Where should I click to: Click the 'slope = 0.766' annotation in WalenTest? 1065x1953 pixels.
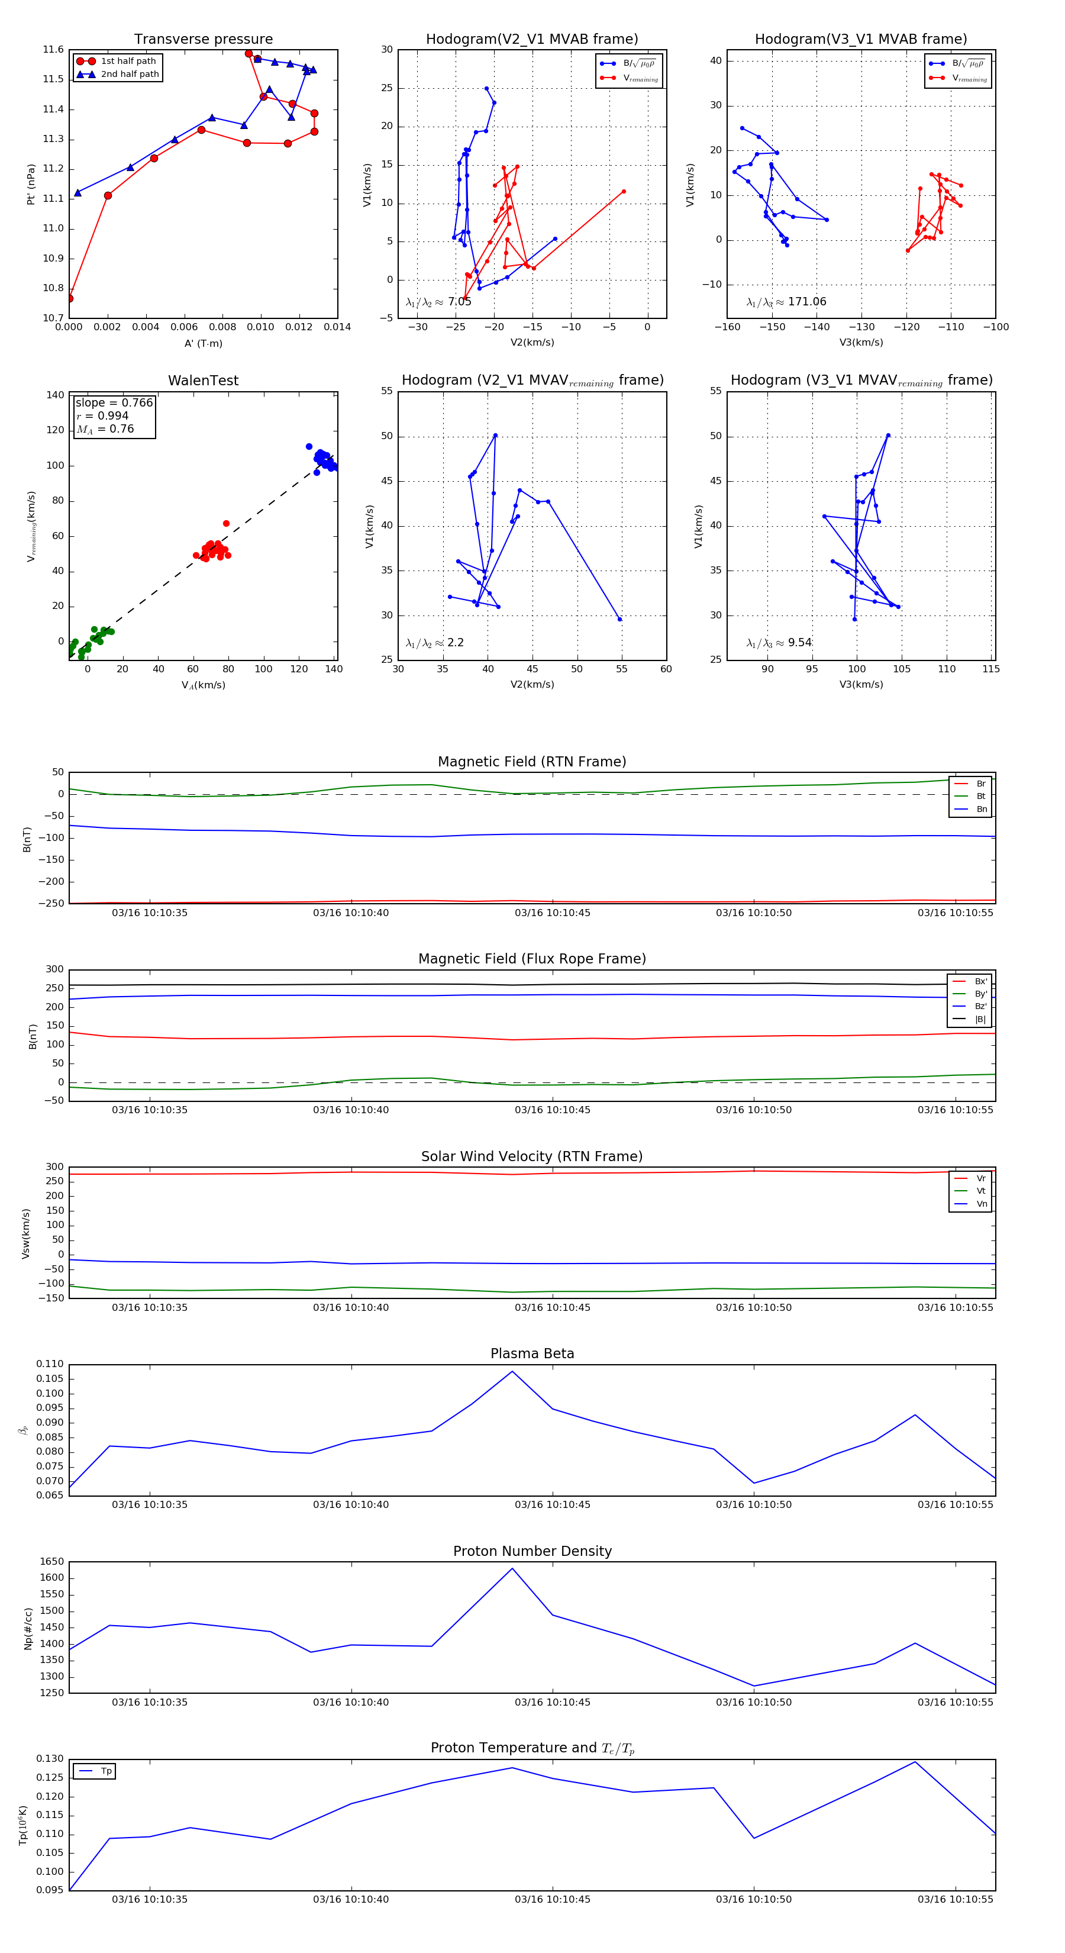(x=114, y=402)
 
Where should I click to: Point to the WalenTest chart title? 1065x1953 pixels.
(x=203, y=381)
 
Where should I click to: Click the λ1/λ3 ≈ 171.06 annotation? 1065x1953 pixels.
(x=786, y=302)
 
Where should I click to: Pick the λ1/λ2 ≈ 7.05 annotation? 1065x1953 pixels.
(x=438, y=302)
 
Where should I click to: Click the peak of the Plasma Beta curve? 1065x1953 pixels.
(x=512, y=1371)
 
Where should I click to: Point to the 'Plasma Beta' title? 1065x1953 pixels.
(x=532, y=1354)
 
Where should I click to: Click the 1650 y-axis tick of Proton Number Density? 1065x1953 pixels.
(x=51, y=1562)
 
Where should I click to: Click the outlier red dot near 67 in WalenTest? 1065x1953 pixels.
(x=226, y=523)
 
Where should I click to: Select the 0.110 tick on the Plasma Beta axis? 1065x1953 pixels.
(x=50, y=1364)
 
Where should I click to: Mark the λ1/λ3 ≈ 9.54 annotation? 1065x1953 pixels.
(x=779, y=643)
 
